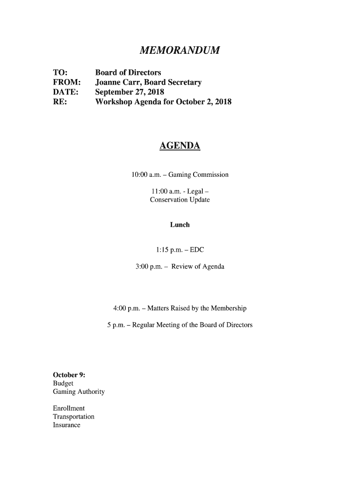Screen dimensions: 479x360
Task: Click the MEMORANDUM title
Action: coord(180,50)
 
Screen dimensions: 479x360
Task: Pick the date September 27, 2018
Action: coord(130,92)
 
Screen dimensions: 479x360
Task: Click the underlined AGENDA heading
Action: coord(180,146)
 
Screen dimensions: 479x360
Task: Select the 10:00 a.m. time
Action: coord(146,175)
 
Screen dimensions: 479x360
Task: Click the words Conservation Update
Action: coord(180,200)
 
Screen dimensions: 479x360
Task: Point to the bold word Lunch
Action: coord(180,225)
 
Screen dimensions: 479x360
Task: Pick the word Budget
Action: coord(63,383)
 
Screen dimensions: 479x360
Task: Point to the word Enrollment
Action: coord(69,408)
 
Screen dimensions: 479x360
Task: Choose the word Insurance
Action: coord(67,425)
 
